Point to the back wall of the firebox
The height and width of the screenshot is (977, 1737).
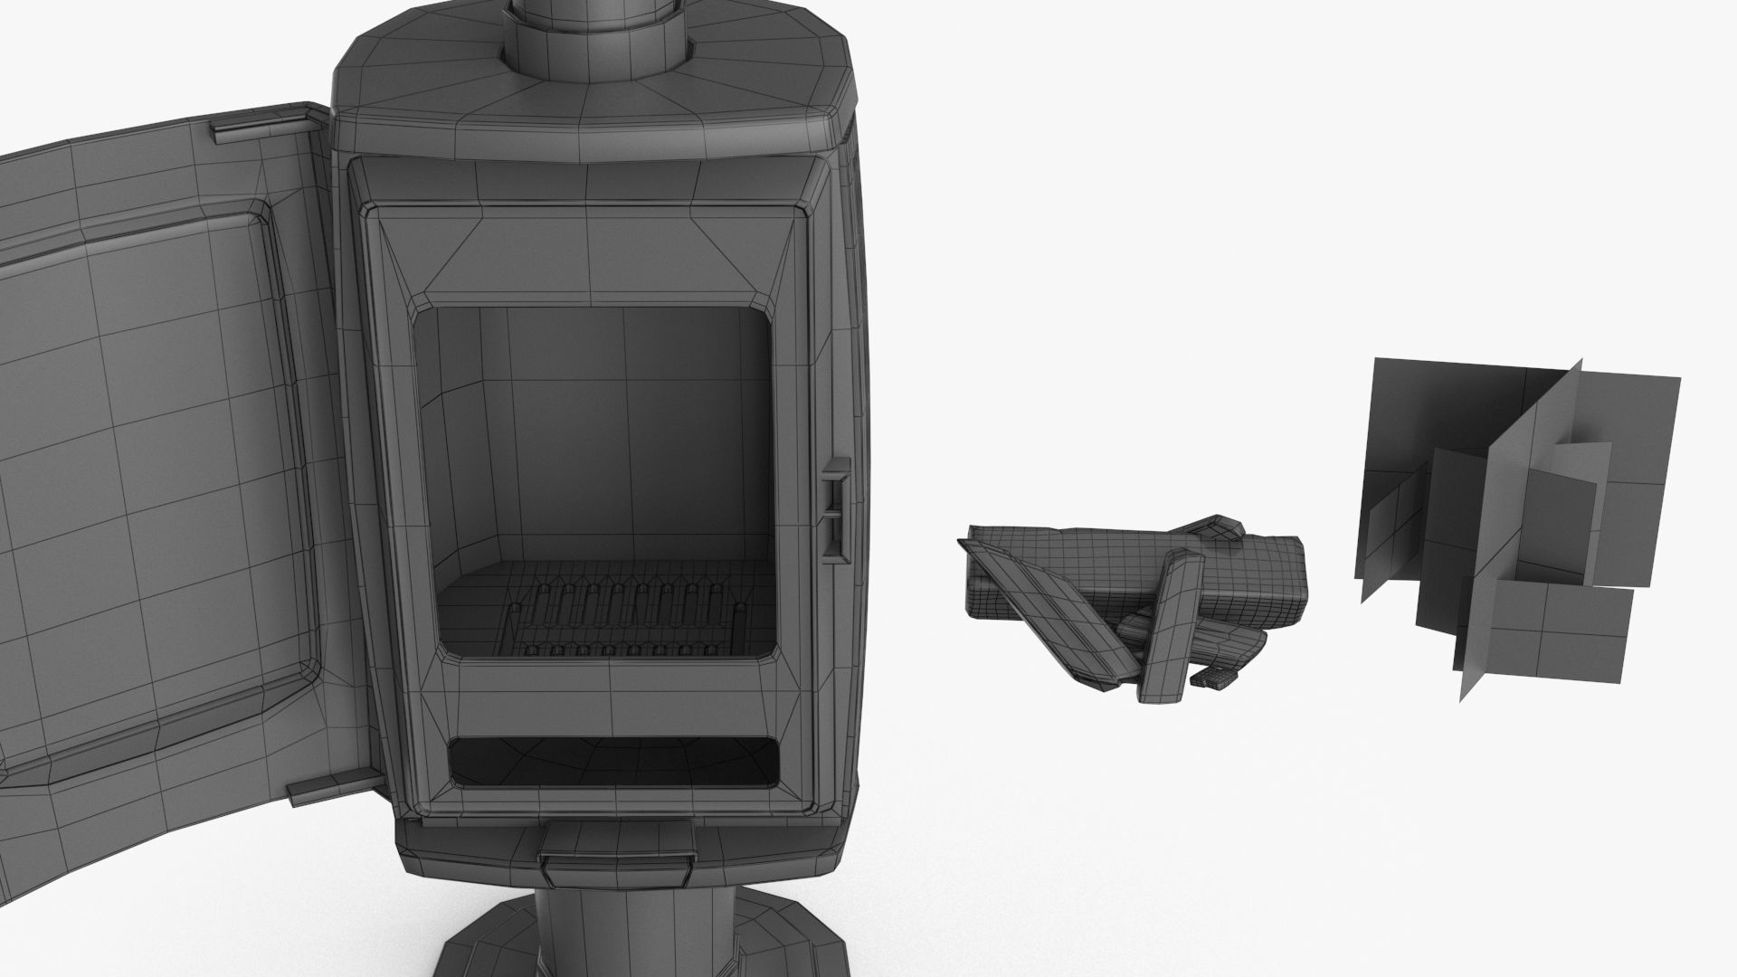[624, 434]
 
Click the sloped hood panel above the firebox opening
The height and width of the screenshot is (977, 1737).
[588, 258]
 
